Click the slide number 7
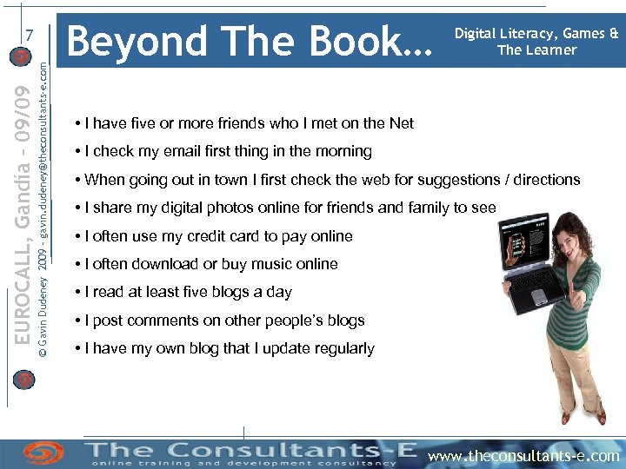30,36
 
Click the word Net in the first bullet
402,123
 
